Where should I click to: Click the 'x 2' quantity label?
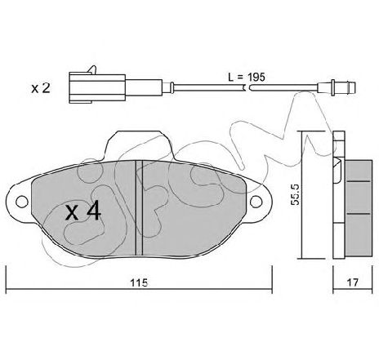click(41, 88)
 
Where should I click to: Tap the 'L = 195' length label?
click(247, 78)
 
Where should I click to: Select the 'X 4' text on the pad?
click(83, 212)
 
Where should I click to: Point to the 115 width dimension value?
click(139, 282)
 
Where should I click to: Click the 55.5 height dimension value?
click(295, 194)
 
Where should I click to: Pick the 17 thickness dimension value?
click(353, 282)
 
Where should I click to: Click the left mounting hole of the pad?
click(22, 202)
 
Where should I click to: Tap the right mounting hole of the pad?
click(256, 202)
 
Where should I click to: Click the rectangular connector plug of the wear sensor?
click(97, 87)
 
